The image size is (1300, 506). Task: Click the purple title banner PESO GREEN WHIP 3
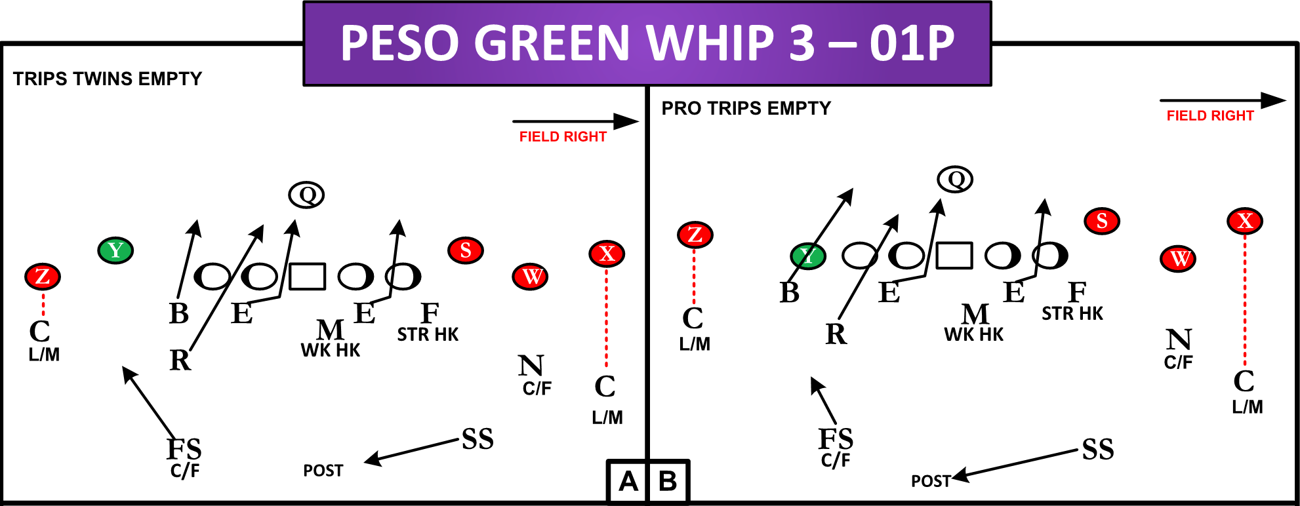[x=647, y=43]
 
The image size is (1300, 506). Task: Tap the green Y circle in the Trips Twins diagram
[x=115, y=250]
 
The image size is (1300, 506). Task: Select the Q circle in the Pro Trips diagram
[x=955, y=179]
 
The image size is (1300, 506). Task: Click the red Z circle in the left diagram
[x=43, y=277]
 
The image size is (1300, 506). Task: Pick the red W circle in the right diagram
[x=1179, y=259]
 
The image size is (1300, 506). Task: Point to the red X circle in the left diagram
[x=607, y=254]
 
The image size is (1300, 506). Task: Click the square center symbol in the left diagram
[x=307, y=277]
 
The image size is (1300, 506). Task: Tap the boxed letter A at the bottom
[x=628, y=482]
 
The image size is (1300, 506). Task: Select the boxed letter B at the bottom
[x=668, y=482]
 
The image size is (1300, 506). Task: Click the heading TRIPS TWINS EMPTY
[x=108, y=79]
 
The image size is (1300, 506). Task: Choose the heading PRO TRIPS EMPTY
[x=746, y=108]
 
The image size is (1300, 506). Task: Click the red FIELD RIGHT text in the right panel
[x=1209, y=116]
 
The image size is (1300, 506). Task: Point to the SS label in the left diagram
[x=477, y=439]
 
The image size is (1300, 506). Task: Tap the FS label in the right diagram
[x=836, y=438]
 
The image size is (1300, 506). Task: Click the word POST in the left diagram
[x=323, y=471]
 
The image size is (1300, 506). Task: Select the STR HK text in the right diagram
[x=1072, y=314]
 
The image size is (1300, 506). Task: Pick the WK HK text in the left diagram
[x=331, y=351]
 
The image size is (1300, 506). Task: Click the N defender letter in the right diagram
[x=1179, y=340]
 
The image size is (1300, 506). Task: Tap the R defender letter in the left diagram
[x=180, y=360]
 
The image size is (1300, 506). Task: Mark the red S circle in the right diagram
[x=1102, y=222]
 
